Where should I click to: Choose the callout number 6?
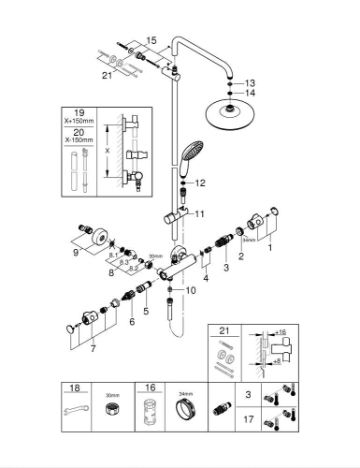tap(133, 321)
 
